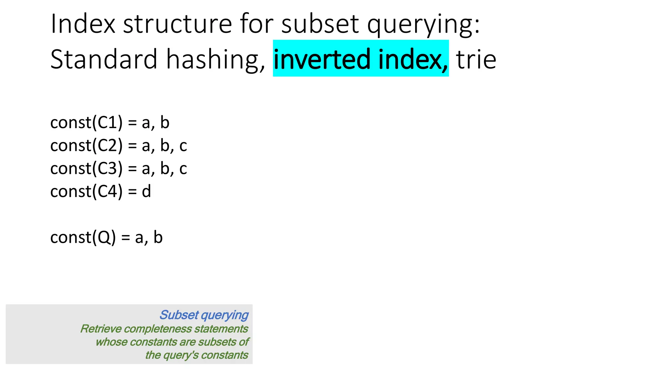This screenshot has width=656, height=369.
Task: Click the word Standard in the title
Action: [104, 59]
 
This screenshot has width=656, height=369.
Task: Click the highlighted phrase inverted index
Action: [361, 59]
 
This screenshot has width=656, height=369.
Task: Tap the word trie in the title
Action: [476, 59]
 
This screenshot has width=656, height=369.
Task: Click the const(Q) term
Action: [83, 238]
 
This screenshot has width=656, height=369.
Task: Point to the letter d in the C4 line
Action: [146, 192]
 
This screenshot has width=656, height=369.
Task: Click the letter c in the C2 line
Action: [183, 146]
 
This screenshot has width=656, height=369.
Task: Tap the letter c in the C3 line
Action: [183, 169]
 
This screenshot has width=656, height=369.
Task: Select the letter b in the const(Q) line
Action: [158, 237]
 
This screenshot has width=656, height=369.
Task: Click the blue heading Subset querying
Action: [204, 315]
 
